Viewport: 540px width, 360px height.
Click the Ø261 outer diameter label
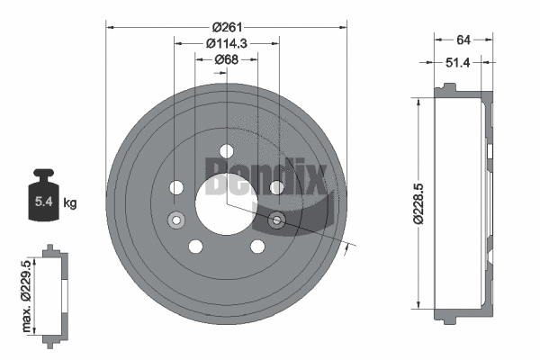[x=227, y=28]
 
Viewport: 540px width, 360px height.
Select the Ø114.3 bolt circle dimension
[x=227, y=44]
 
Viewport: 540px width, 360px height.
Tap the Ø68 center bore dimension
[x=227, y=60]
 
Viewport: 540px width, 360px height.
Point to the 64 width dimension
[x=464, y=39]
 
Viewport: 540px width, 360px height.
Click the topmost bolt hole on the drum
[x=226, y=149]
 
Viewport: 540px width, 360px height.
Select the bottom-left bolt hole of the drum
[x=195, y=246]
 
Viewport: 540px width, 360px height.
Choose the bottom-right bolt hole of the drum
[x=257, y=246]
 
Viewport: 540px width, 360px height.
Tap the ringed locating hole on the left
[x=175, y=219]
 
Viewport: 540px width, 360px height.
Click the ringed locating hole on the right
[x=276, y=219]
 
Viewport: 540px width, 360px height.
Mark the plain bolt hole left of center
[x=176, y=187]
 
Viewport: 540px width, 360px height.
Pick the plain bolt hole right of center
[x=276, y=187]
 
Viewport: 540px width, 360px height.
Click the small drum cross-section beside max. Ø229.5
[x=53, y=292]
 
